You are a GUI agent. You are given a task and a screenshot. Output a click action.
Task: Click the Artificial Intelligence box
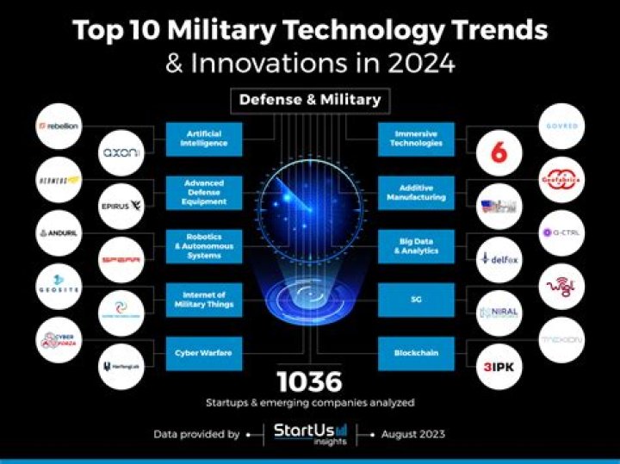pos(203,139)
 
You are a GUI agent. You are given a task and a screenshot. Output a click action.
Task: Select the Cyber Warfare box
pos(203,354)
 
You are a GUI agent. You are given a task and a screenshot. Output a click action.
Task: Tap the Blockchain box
pos(416,354)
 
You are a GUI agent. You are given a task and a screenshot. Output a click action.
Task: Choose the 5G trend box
pos(416,300)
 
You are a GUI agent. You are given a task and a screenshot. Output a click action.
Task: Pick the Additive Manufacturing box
pos(416,192)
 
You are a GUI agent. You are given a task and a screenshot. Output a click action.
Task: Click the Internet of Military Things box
pos(203,300)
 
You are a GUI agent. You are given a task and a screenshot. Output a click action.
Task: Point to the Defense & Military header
pos(309,100)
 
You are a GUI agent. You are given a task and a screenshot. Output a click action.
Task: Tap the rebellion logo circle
pos(59,126)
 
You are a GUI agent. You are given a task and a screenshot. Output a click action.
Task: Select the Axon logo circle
pos(121,152)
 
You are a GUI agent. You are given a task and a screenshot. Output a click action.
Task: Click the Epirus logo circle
pos(121,206)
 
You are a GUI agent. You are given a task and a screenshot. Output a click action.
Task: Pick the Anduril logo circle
pos(59,233)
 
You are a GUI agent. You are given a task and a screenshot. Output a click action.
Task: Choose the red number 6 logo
pos(499,152)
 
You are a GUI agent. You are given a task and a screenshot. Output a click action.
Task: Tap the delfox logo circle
pos(499,259)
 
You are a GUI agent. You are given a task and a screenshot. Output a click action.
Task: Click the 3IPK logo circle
pos(499,366)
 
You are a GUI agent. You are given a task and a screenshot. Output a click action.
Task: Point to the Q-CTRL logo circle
pos(561,233)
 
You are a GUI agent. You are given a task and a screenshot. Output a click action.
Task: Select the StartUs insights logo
pos(310,433)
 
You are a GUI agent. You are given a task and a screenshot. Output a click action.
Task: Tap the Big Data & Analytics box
pos(416,246)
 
